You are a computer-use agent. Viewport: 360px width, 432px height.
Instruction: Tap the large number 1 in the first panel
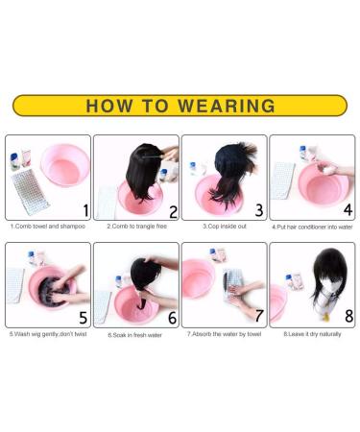pos(84,209)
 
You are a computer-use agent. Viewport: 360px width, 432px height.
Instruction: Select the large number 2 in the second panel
pos(173,211)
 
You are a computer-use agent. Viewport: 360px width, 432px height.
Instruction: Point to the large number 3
pos(259,209)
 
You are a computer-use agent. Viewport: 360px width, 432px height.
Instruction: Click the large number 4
pos(347,209)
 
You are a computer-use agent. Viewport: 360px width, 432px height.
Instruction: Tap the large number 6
pos(173,317)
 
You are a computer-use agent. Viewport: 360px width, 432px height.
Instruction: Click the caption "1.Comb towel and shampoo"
pos(47,227)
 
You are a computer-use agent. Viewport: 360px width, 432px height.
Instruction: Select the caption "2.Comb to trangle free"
pos(135,227)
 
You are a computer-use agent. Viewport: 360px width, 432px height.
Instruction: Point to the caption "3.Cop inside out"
pos(224,227)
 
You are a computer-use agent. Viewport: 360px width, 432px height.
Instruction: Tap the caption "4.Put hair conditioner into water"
pos(312,227)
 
